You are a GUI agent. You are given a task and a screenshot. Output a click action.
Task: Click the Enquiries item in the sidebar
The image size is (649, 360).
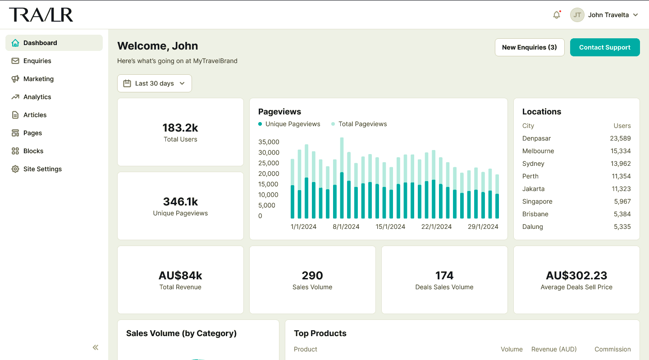click(37, 61)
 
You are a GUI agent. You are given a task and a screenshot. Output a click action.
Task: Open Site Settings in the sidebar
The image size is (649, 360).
click(42, 169)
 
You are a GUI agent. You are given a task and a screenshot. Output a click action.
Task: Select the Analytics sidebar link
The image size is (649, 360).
click(37, 97)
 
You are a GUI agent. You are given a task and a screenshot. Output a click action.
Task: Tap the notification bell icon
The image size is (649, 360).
click(557, 15)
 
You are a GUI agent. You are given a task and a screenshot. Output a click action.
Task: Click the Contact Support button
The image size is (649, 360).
click(604, 47)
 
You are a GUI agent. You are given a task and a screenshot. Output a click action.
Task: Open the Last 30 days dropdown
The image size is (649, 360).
click(154, 83)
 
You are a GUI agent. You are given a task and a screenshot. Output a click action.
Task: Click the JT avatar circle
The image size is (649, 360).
click(577, 15)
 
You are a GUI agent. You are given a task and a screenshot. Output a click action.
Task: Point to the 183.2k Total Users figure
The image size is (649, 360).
click(180, 128)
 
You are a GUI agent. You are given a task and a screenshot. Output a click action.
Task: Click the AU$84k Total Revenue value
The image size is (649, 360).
click(180, 275)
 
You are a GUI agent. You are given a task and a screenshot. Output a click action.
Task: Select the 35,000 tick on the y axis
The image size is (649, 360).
click(269, 142)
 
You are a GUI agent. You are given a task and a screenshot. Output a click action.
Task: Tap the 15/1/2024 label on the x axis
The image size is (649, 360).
click(390, 227)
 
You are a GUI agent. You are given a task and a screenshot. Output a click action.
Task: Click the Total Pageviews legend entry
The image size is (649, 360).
click(362, 124)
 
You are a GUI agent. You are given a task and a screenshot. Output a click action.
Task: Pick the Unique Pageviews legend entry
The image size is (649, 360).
click(293, 124)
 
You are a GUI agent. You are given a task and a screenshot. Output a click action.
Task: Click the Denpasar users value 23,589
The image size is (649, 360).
click(620, 138)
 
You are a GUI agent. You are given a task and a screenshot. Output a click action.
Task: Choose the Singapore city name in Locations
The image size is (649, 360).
click(537, 201)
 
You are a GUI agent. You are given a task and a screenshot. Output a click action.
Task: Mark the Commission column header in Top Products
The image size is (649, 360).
click(612, 349)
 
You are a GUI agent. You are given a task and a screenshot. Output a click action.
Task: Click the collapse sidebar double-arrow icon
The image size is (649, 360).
click(96, 347)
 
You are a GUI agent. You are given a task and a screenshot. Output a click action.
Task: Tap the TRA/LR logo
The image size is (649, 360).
click(41, 15)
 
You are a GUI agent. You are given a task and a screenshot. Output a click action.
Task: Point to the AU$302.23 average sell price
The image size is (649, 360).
click(576, 275)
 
